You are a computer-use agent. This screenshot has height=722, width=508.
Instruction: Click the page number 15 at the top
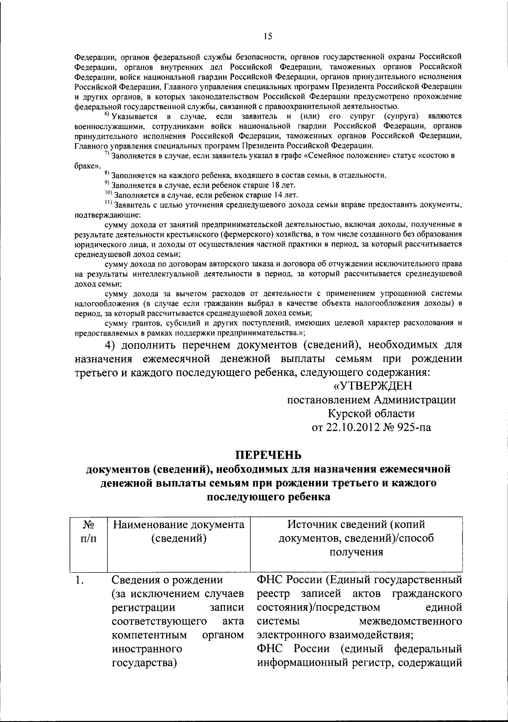click(x=267, y=37)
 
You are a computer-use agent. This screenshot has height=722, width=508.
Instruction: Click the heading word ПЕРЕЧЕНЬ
click(x=268, y=455)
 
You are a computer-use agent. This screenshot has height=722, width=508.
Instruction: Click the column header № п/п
click(x=88, y=532)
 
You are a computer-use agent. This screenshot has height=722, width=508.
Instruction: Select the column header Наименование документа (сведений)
click(x=179, y=532)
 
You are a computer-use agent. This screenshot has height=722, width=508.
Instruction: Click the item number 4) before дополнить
click(x=112, y=345)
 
